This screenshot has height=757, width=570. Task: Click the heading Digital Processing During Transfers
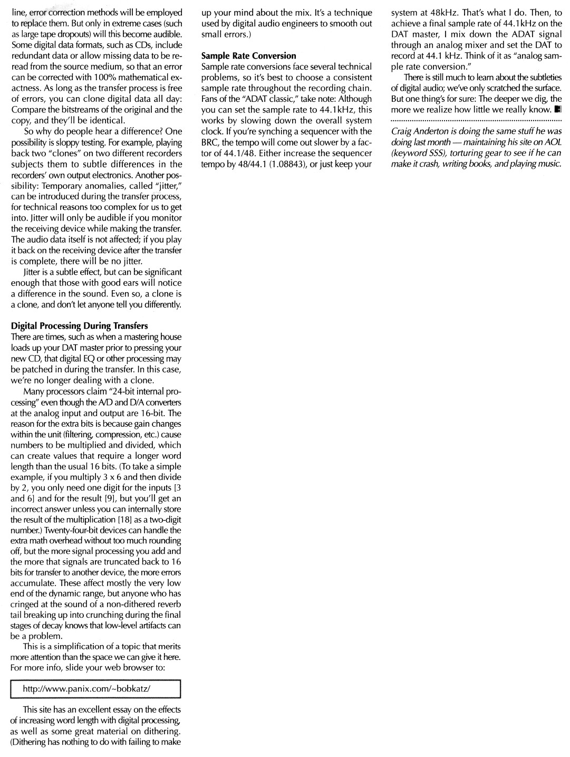pos(80,326)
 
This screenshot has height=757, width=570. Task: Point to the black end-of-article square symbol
pos(558,110)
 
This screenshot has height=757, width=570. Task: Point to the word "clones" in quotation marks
pos(69,153)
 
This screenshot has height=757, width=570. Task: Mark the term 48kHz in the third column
pos(436,13)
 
